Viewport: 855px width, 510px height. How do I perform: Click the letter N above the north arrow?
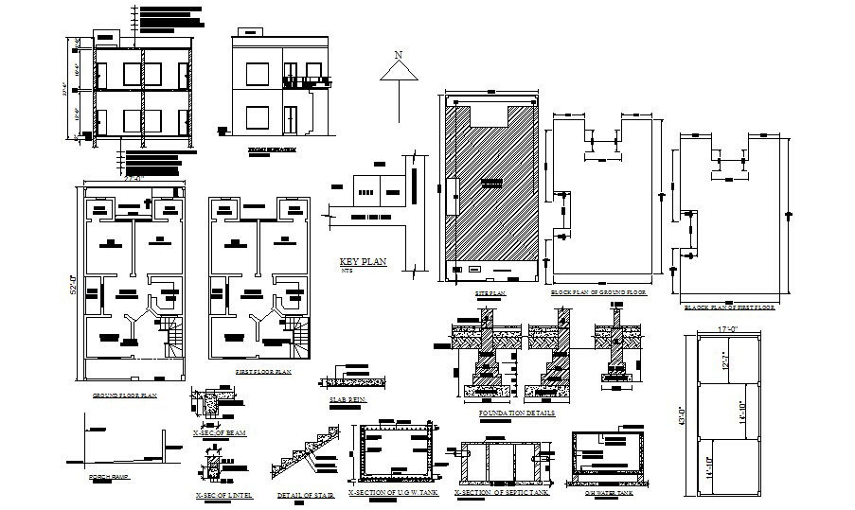click(x=399, y=54)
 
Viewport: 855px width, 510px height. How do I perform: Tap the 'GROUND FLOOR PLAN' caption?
click(x=124, y=395)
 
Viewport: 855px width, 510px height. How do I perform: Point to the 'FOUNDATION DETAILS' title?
click(x=517, y=413)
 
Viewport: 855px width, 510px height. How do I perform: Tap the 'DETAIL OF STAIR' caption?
click(x=302, y=495)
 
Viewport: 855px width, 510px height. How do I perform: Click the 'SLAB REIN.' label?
click(x=347, y=398)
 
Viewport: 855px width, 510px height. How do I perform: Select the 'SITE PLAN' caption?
click(x=490, y=294)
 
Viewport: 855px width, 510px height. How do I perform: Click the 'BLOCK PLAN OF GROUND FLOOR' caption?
click(x=598, y=294)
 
